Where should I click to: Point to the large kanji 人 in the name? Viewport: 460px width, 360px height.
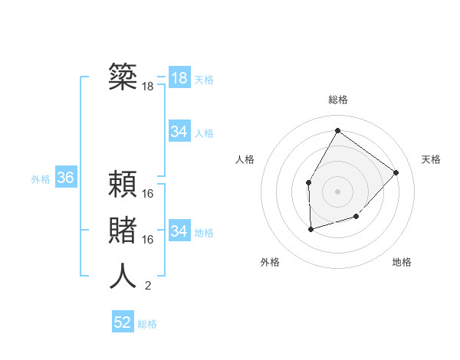point(123,276)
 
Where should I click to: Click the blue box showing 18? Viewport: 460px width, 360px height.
point(179,78)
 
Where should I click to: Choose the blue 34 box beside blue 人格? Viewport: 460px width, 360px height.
point(179,132)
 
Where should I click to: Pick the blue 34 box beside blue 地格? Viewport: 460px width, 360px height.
point(179,231)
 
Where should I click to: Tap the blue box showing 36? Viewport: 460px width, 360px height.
point(66,178)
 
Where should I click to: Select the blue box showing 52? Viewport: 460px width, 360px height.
point(123,322)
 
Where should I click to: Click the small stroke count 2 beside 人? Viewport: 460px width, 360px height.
point(148,286)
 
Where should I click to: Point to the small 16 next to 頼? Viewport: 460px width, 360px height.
point(148,194)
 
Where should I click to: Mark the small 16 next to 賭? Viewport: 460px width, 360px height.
point(148,240)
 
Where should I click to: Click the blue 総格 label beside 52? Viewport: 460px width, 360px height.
point(147,324)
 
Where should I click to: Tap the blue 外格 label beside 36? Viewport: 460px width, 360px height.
point(41,179)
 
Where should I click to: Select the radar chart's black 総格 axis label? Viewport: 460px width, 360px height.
point(337,100)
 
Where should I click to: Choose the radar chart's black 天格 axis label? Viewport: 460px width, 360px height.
point(431,159)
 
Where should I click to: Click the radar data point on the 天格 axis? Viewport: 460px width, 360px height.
point(396,172)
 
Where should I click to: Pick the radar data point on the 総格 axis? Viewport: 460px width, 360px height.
point(337,130)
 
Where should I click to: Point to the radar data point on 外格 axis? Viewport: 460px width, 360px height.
point(310,228)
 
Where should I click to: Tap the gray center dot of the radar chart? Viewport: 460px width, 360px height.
point(337,191)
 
